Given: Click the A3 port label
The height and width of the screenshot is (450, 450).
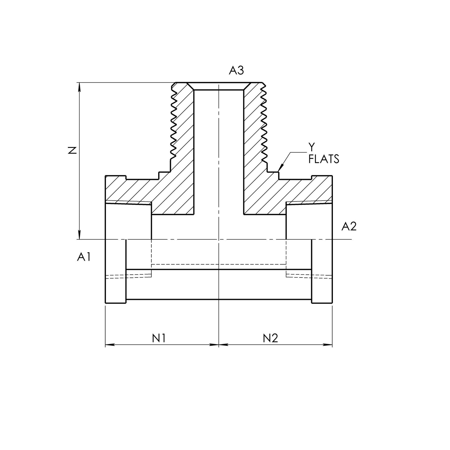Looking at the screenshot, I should tap(236, 71).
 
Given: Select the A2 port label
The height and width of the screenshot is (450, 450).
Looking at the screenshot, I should tap(349, 226).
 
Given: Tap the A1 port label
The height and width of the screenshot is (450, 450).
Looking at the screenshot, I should tap(84, 257).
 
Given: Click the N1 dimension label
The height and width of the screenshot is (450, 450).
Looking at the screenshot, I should tap(159, 338).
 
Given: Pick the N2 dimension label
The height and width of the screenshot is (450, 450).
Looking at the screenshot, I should tap(270, 338).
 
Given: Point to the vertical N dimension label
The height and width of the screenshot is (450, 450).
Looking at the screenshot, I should tap(72, 150).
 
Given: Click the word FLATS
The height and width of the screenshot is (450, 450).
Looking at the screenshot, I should tap(324, 159).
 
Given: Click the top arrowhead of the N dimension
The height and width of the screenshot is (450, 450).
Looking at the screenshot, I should tap(80, 87).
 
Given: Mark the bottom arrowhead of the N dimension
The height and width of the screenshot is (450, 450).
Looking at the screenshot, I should tap(80, 235).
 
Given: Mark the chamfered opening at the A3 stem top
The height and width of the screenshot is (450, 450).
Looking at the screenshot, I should tap(219, 86).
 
